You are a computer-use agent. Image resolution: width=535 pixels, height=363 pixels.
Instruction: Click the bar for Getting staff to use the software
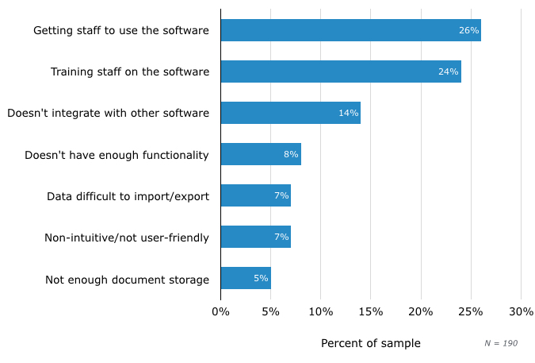[x=350, y=30]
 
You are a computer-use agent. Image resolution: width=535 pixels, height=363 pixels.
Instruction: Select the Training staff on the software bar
[x=341, y=71]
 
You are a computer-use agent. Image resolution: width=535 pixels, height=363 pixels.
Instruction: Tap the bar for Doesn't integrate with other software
[x=290, y=113]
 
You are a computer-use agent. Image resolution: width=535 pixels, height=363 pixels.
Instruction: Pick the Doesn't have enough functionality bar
[x=261, y=154]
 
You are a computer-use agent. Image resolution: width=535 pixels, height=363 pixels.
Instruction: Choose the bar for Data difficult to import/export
[x=255, y=195]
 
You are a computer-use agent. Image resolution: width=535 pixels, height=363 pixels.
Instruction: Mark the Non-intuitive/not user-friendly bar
[x=255, y=237]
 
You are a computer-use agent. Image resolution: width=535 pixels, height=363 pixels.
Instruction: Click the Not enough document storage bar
[x=246, y=278]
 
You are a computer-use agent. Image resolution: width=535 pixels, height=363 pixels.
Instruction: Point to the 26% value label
[x=468, y=30]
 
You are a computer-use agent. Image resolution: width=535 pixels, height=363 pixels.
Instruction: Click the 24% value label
[x=449, y=71]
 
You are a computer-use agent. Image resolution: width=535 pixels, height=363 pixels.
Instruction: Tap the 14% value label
[x=349, y=113]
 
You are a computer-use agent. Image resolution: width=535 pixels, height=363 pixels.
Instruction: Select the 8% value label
[x=291, y=154]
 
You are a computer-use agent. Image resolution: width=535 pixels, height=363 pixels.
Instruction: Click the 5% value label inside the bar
[x=261, y=278]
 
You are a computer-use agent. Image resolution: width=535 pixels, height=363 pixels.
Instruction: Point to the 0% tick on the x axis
[x=220, y=311]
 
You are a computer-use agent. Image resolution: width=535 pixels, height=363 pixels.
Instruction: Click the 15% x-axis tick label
[x=371, y=311]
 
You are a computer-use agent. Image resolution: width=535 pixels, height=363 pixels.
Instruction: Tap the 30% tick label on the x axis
[x=521, y=311]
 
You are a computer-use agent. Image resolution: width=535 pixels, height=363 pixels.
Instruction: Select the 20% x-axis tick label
[x=421, y=311]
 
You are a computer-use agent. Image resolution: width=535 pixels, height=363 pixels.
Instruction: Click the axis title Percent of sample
[x=370, y=343]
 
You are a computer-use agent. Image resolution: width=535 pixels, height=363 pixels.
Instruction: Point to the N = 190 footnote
[x=501, y=343]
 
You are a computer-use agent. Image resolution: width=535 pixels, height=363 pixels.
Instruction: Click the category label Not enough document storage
[x=127, y=280]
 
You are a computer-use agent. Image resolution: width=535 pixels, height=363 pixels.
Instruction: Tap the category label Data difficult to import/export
[x=128, y=196]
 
